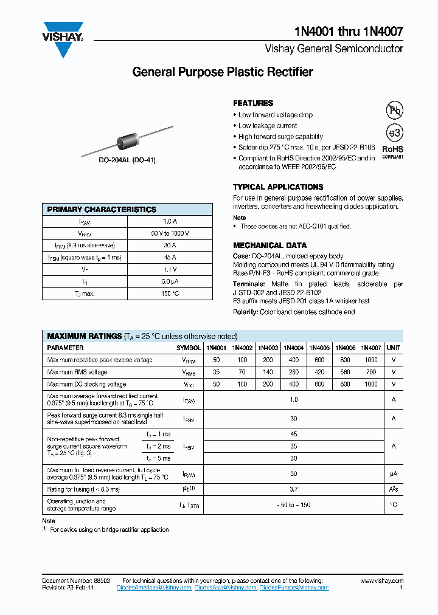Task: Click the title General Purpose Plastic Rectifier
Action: (223, 72)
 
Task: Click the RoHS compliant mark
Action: (392, 151)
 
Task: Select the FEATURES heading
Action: (253, 103)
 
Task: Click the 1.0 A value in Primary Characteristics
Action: (170, 222)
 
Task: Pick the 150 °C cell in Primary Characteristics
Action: (170, 294)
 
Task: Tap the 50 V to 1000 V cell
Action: (170, 233)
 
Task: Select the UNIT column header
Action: (394, 348)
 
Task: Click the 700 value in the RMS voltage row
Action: (371, 372)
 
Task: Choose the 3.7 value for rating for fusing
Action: (294, 489)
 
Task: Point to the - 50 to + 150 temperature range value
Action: (294, 505)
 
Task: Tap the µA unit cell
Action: (394, 473)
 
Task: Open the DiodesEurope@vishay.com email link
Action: (294, 588)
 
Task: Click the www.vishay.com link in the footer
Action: (383, 581)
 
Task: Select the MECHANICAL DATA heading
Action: (269, 246)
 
